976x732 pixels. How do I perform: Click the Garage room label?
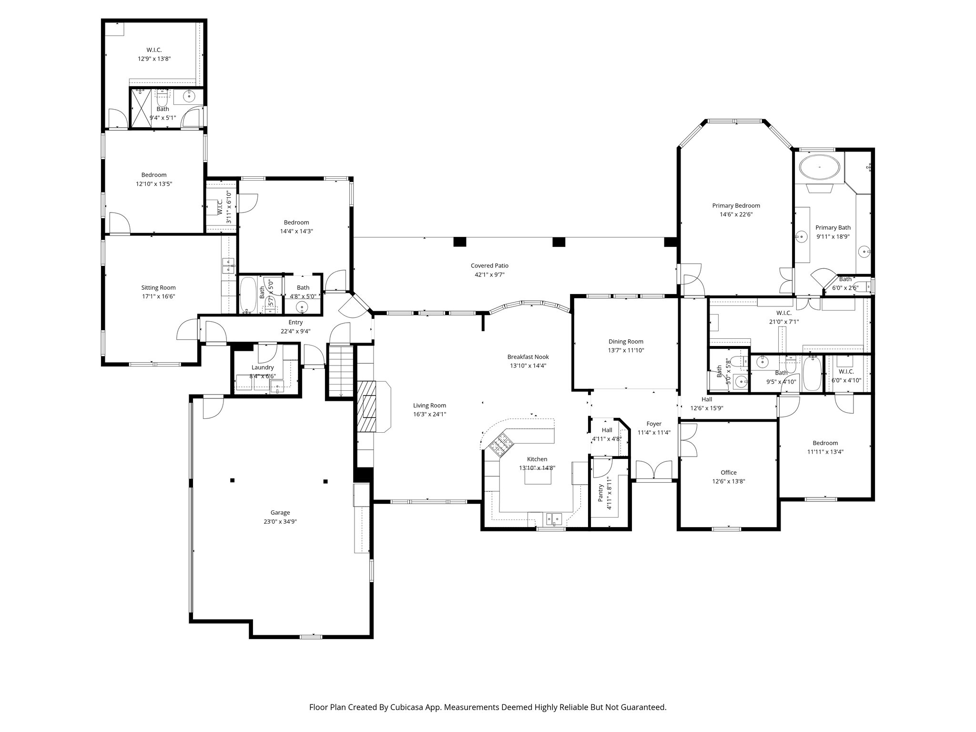pos(280,513)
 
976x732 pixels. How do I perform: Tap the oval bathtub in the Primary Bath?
pos(819,168)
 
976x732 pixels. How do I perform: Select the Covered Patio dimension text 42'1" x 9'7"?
pos(489,274)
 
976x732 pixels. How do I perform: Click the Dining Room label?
pos(626,341)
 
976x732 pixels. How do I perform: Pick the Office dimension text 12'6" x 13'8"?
pos(728,481)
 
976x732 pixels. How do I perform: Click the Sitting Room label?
pos(158,287)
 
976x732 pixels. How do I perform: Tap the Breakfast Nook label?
pos(528,356)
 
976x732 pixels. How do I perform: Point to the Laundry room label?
pos(263,367)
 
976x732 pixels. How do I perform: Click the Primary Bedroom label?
pos(736,205)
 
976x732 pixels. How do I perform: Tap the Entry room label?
pos(295,323)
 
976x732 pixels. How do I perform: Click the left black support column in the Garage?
pos(232,480)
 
